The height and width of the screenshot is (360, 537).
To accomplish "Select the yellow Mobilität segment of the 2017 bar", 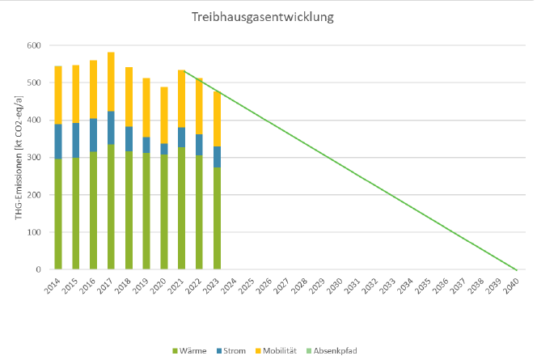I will pos(111,82).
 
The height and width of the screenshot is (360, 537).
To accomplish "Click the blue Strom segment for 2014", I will pos(58,141).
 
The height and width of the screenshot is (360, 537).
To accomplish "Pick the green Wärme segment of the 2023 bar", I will pos(217,218).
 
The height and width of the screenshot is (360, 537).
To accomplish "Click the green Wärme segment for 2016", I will pos(93,210).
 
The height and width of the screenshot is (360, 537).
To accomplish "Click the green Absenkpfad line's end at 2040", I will pos(517,269).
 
